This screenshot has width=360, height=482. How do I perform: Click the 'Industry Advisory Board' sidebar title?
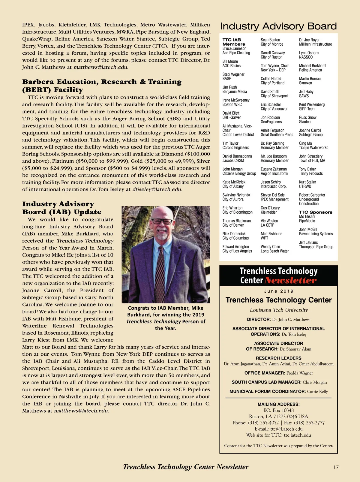(278, 26)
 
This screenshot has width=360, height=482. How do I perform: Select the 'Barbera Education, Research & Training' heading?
(102, 82)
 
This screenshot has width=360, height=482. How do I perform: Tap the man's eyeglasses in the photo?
(162, 221)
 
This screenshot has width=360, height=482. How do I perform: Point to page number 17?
(336, 467)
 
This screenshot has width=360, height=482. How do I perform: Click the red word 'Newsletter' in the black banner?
(290, 281)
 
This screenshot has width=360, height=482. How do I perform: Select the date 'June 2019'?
(279, 291)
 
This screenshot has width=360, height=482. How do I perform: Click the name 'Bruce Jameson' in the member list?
(234, 49)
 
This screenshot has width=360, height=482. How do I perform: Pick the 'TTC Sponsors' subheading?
(316, 212)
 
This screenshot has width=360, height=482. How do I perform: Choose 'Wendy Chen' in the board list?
(270, 247)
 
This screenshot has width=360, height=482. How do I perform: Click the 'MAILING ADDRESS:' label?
(278, 404)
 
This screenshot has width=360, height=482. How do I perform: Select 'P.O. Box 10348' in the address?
(278, 410)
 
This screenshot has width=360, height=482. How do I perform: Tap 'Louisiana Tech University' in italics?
(279, 310)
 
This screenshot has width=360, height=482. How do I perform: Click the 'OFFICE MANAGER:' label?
(265, 373)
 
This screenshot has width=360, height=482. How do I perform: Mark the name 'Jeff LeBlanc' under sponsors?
(308, 243)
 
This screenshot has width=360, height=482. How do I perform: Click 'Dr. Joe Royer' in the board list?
(309, 40)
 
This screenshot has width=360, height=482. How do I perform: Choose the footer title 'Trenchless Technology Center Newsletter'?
(186, 467)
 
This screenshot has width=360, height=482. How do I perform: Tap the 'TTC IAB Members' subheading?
(234, 42)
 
